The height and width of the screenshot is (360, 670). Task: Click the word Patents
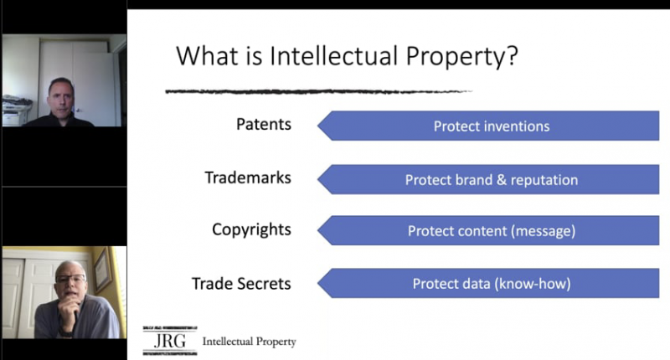264,124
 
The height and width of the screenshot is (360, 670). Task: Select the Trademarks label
248,177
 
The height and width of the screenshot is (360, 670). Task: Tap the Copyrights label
251,229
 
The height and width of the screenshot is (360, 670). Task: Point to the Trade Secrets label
241,284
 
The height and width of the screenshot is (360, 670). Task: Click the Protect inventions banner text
492,126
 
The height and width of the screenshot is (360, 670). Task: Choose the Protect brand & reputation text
492,180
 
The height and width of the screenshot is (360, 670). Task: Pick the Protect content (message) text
492,231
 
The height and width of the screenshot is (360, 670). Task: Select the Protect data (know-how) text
492,284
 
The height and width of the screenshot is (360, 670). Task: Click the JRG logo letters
170,341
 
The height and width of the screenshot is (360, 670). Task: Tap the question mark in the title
513,55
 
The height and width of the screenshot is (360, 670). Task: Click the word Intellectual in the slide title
334,55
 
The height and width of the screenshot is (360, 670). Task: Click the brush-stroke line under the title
318,91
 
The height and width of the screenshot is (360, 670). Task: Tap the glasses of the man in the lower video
70,280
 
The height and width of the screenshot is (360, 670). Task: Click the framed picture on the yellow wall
102,270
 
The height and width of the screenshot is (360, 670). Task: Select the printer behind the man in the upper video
16,111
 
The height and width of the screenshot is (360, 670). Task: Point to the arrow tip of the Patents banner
318,126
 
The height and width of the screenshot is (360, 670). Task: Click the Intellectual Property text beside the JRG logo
249,342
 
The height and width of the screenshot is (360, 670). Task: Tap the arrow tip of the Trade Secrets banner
318,283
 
